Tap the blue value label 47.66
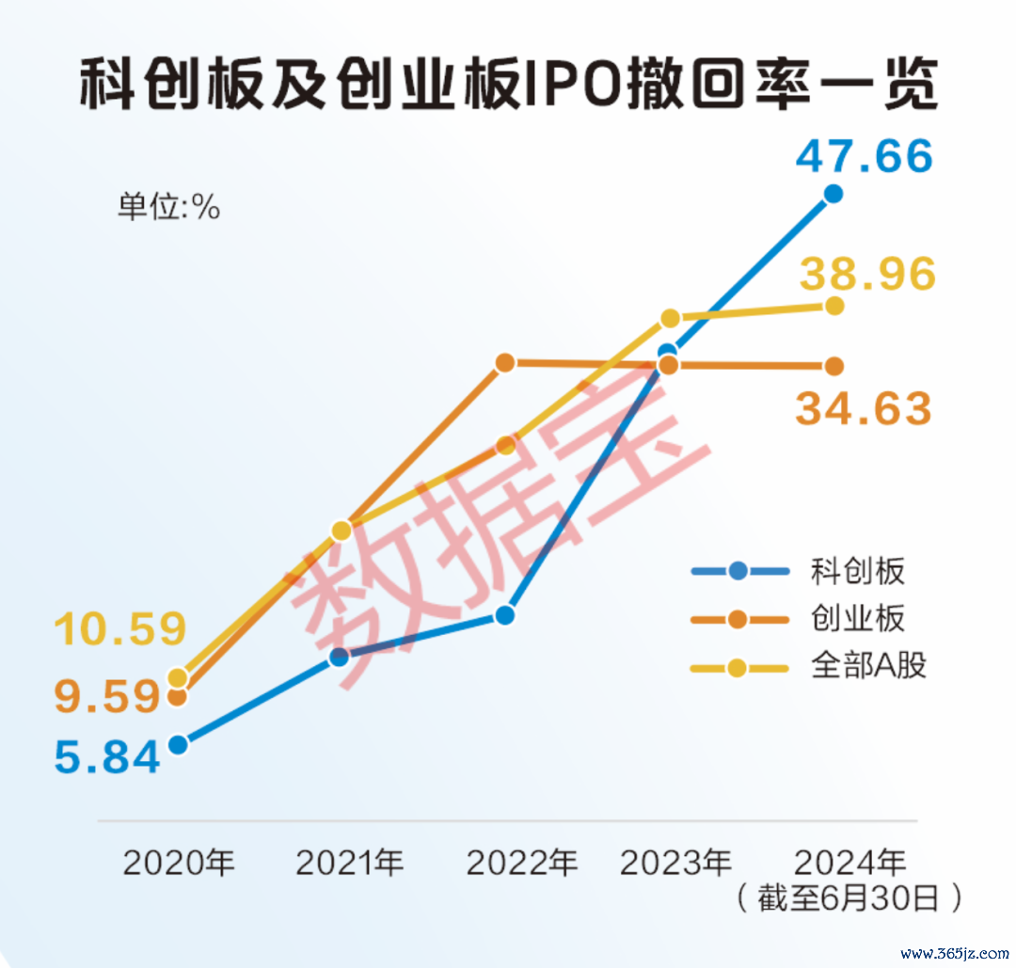point(864,156)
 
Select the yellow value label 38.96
point(868,274)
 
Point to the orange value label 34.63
point(864,409)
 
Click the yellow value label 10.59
point(120,629)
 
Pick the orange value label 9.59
point(106,697)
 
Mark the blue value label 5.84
point(106,756)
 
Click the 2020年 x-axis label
point(179,862)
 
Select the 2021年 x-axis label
point(350,862)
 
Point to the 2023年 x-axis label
point(676,862)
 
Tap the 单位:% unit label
point(168,207)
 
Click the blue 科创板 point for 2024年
point(833,194)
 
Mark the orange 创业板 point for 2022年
point(505,362)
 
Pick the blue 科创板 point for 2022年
point(505,615)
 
